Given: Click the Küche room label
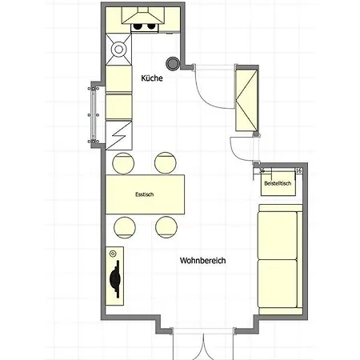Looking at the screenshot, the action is click(x=152, y=78).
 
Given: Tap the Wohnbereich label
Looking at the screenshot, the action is click(x=202, y=260).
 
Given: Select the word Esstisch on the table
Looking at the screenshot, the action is click(x=145, y=194).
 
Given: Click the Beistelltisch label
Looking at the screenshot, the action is click(x=278, y=183).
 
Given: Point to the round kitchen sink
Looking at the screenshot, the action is click(x=118, y=49).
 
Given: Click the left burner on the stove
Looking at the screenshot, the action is click(x=138, y=26).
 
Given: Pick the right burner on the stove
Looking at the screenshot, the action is click(x=151, y=26).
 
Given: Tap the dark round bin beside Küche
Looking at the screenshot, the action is click(x=173, y=63).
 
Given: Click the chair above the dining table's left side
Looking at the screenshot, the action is click(x=123, y=163).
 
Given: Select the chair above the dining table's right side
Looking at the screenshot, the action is click(x=166, y=163).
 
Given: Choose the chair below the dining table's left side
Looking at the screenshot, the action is click(x=125, y=227).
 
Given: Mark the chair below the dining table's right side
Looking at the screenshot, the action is click(x=166, y=227).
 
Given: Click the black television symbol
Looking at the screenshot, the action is click(x=115, y=279).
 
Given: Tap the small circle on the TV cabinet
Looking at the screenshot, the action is click(x=113, y=254).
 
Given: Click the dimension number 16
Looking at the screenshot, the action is click(x=298, y=170).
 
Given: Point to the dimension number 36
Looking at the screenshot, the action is click(x=262, y=170).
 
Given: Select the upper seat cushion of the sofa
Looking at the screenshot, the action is click(x=278, y=235).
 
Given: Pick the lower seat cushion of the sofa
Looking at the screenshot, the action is click(x=278, y=283).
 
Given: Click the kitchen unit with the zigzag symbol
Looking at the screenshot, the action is click(x=119, y=135).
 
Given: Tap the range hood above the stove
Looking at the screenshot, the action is click(x=143, y=15).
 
